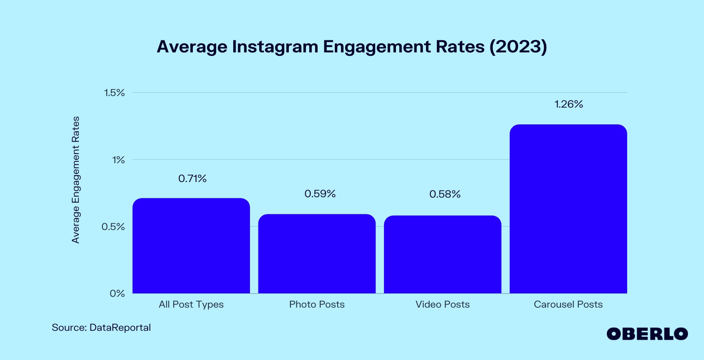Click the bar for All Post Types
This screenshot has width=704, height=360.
[191, 246]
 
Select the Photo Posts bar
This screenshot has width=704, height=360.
[317, 254]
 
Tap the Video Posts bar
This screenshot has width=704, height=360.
[442, 255]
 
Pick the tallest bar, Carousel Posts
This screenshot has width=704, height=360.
[568, 209]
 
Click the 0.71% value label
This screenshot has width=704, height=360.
[192, 178]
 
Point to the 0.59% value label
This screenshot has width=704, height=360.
[320, 194]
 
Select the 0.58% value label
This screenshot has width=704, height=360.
[445, 194]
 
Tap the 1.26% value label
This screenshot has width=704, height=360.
[568, 104]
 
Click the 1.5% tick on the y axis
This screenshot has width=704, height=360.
[114, 93]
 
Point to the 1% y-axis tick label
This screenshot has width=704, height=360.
[118, 160]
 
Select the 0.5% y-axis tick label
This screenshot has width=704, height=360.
[113, 227]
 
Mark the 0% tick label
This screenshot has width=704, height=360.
[117, 294]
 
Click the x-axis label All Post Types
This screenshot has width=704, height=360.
[191, 304]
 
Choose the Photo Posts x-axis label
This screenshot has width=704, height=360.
[317, 304]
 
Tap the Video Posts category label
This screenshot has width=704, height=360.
[442, 304]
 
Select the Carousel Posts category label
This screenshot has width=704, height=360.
[568, 304]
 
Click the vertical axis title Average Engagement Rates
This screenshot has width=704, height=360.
[76, 180]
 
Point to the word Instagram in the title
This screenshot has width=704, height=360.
[275, 47]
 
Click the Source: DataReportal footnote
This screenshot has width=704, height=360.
[101, 328]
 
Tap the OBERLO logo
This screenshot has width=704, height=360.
[647, 334]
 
